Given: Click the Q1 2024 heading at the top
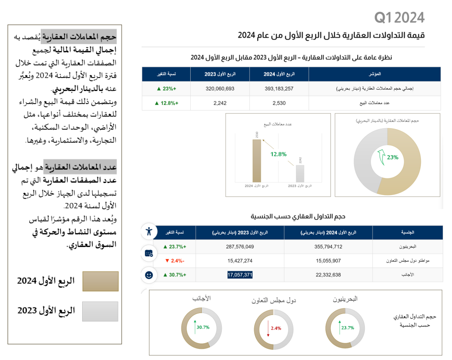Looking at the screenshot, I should (399, 18).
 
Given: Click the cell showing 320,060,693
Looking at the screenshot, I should (220, 88).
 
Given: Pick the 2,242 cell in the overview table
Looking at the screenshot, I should (220, 103).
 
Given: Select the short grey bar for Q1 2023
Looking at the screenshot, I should (300, 173).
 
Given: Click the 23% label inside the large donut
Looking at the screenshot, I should (393, 157).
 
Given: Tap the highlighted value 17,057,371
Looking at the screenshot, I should (240, 275).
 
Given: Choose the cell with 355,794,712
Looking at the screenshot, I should (328, 247).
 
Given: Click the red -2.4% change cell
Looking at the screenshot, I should (174, 261).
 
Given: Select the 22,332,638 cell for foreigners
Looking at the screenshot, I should (328, 275).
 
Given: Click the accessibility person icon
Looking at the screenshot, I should (149, 231).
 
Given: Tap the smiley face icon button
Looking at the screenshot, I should (149, 275).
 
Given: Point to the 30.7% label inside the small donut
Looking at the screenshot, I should (203, 327).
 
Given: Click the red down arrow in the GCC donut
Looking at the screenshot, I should (269, 328).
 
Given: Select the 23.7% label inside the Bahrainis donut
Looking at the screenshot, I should (348, 327).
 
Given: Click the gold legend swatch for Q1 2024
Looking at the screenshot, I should (100, 281).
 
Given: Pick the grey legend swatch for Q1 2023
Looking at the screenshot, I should (100, 312).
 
